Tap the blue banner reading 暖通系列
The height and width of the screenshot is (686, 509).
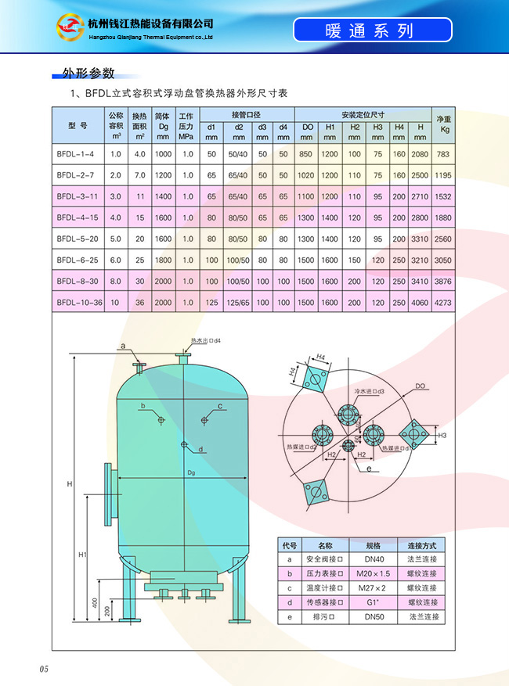(x=373, y=31)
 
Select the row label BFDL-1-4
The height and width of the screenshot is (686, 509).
(x=76, y=154)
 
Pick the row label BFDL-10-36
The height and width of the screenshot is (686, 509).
(x=78, y=302)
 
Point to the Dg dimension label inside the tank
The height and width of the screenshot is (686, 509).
(x=190, y=472)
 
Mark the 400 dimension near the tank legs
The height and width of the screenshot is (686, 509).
(x=95, y=603)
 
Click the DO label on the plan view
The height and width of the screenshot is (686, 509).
(x=420, y=386)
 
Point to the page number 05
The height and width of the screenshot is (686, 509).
(x=44, y=670)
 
